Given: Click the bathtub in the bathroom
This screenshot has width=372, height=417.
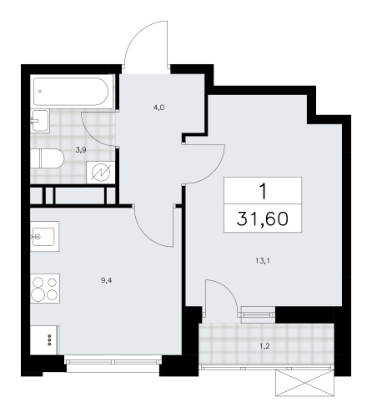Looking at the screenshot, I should click(70, 92).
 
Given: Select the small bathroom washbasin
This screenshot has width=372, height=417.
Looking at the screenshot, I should click(38, 123).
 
